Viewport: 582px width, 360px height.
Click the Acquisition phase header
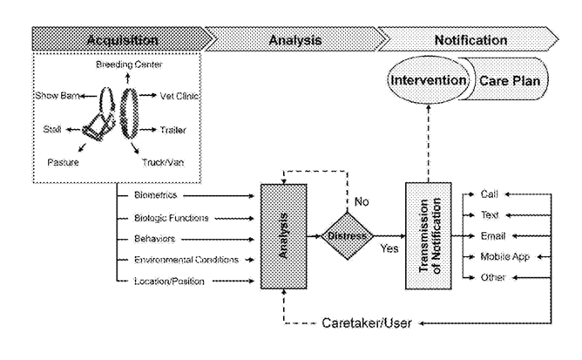(x=122, y=39)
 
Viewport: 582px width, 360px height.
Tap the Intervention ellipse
(x=429, y=80)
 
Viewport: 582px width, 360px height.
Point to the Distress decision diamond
(x=348, y=235)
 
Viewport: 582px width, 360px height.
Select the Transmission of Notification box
(x=429, y=235)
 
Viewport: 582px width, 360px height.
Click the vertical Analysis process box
(x=283, y=236)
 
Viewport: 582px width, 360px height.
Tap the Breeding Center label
(x=129, y=65)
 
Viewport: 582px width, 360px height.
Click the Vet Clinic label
(x=179, y=96)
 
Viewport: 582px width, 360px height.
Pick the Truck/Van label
(x=163, y=162)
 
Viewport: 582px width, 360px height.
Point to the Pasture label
(x=63, y=162)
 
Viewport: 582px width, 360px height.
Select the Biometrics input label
(x=156, y=195)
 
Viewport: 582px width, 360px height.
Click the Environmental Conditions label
(x=186, y=260)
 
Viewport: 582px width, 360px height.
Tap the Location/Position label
(x=169, y=282)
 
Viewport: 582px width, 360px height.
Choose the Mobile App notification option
(x=504, y=257)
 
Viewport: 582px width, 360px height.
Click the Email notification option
(x=493, y=236)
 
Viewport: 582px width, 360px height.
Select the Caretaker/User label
(x=367, y=323)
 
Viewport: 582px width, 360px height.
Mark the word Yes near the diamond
(x=389, y=248)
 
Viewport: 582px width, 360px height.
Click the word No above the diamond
(x=362, y=201)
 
